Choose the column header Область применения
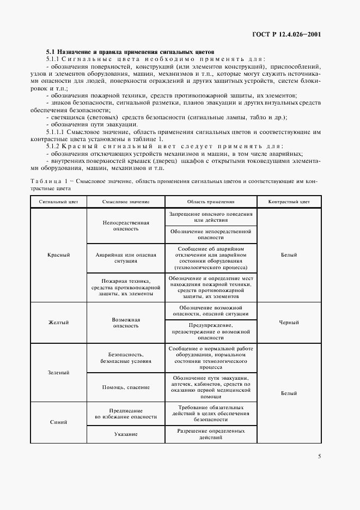point(211,202)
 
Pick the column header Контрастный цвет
point(289,202)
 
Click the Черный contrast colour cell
point(289,323)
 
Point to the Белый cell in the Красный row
point(289,254)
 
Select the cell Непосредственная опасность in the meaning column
point(126,226)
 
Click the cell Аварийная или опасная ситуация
point(126,258)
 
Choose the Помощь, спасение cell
point(126,387)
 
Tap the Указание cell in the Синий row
point(126,434)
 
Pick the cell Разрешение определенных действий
point(211,434)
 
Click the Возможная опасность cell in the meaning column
point(126,323)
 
